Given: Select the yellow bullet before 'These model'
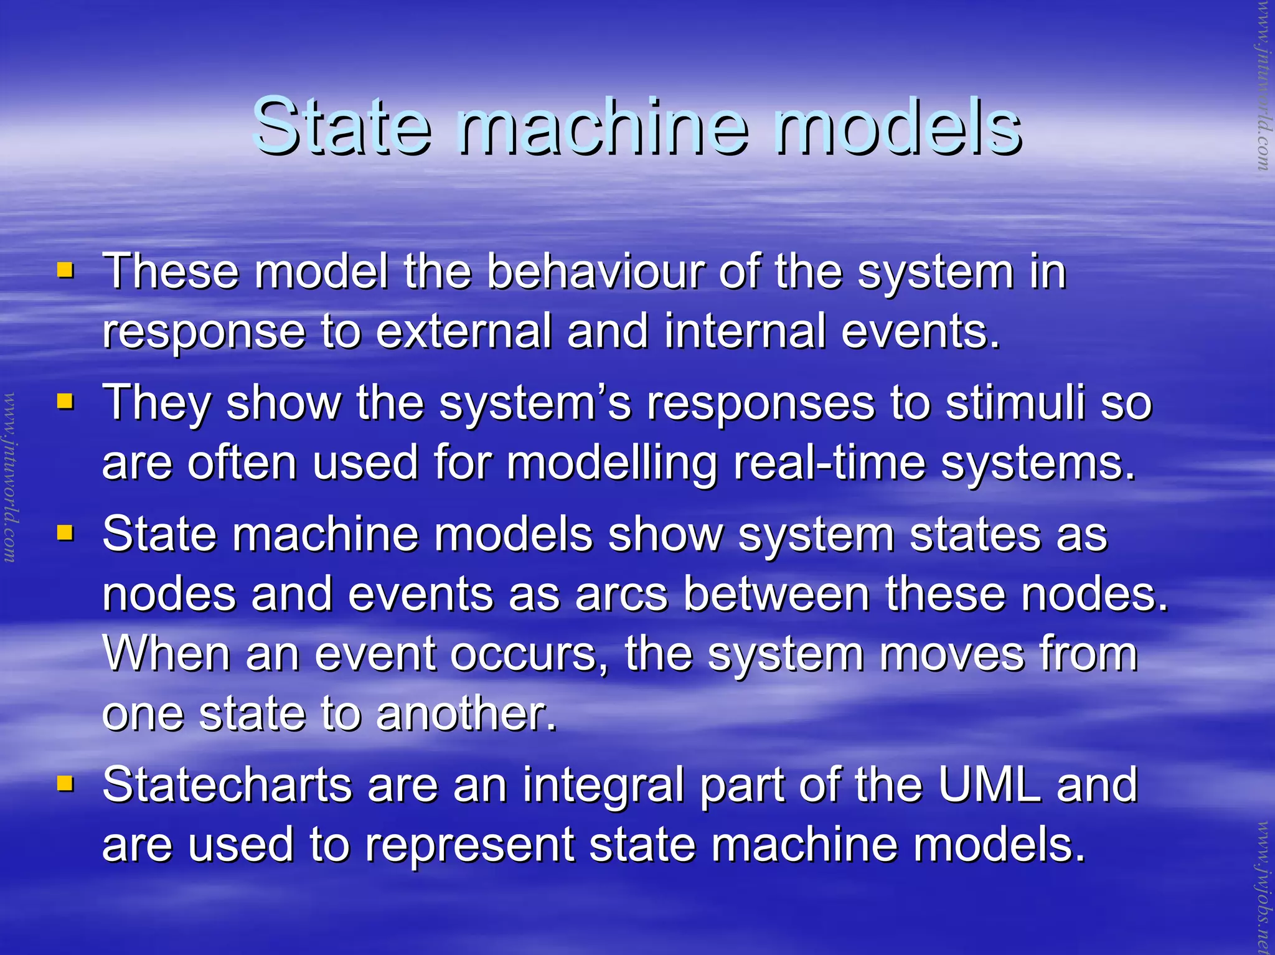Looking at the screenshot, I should (x=65, y=270).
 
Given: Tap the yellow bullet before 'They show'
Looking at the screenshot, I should (x=65, y=402).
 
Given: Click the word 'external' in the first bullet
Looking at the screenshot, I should (x=463, y=331).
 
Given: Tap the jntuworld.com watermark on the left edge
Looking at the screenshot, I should (x=10, y=476).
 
